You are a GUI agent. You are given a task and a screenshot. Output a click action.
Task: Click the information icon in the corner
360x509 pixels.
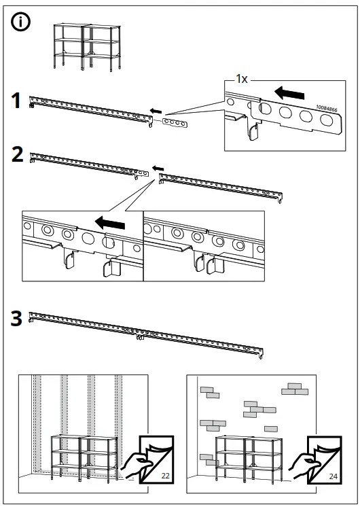pyautogui.click(x=21, y=22)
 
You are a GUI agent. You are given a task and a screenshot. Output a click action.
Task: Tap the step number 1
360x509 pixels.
pyautogui.click(x=16, y=101)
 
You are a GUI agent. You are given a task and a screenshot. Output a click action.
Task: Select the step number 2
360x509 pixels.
pyautogui.click(x=17, y=154)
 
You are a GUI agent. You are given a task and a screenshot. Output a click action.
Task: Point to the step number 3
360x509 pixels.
pyautogui.click(x=16, y=318)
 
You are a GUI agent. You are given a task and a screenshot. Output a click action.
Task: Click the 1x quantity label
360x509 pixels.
pyautogui.click(x=242, y=79)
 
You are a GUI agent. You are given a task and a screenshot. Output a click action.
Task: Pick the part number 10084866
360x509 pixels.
pyautogui.click(x=326, y=109)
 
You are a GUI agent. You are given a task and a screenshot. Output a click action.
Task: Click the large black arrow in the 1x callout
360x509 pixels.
pyautogui.click(x=289, y=93)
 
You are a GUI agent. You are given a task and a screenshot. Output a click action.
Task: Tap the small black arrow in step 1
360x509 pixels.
pyautogui.click(x=156, y=111)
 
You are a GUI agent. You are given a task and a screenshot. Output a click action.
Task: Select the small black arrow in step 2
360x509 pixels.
pyautogui.click(x=158, y=168)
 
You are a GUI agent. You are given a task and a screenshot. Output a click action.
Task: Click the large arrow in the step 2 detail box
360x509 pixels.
pyautogui.click(x=110, y=223)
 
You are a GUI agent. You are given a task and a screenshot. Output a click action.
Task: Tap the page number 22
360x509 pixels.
pyautogui.click(x=166, y=476)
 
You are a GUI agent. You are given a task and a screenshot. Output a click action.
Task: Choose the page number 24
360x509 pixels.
pyautogui.click(x=333, y=476)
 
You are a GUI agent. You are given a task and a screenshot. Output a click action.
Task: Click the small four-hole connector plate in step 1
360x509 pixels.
pyautogui.click(x=174, y=123)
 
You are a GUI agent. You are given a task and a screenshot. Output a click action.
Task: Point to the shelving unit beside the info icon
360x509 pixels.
pyautogui.click(x=87, y=47)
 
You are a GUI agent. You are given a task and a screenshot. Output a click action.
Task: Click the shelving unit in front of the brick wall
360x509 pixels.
pyautogui.click(x=249, y=458)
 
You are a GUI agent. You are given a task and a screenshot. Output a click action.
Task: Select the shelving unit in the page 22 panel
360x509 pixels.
pyautogui.click(x=84, y=458)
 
